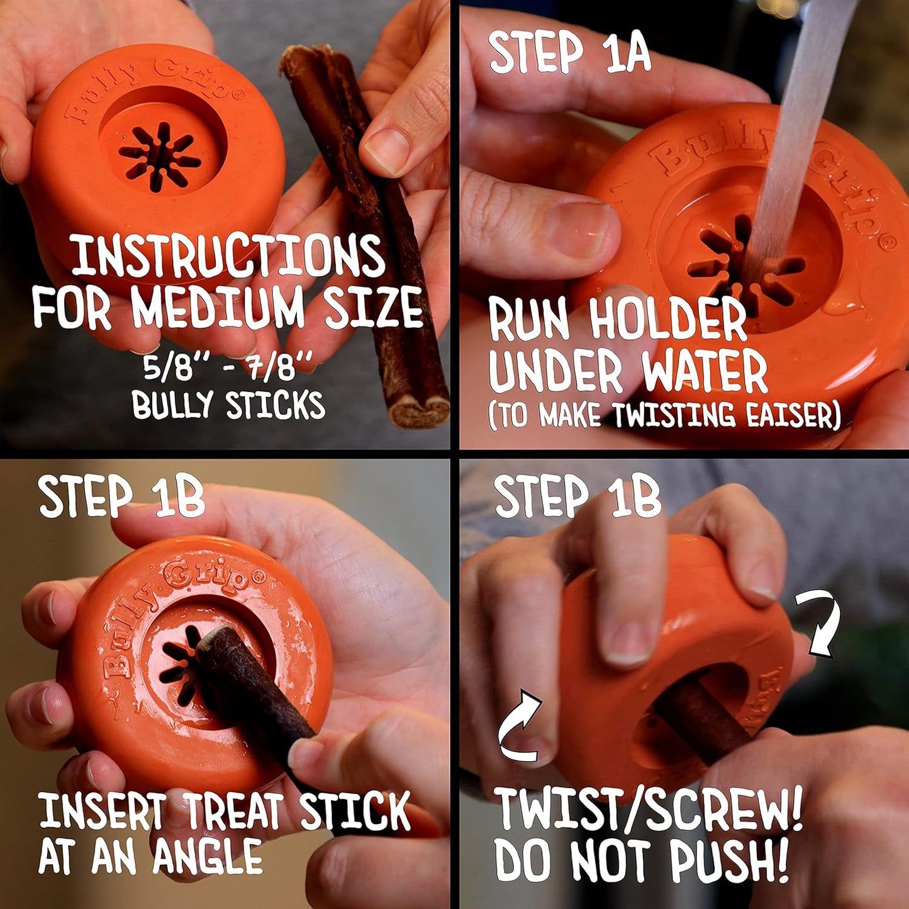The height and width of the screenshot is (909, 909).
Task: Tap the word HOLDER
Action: pyautogui.click(x=668, y=320)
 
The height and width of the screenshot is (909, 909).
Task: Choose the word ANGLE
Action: pyautogui.click(x=208, y=857)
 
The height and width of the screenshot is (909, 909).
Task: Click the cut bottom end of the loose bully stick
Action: pyautogui.click(x=418, y=411)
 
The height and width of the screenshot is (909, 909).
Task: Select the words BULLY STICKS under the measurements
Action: pyautogui.click(x=228, y=405)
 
